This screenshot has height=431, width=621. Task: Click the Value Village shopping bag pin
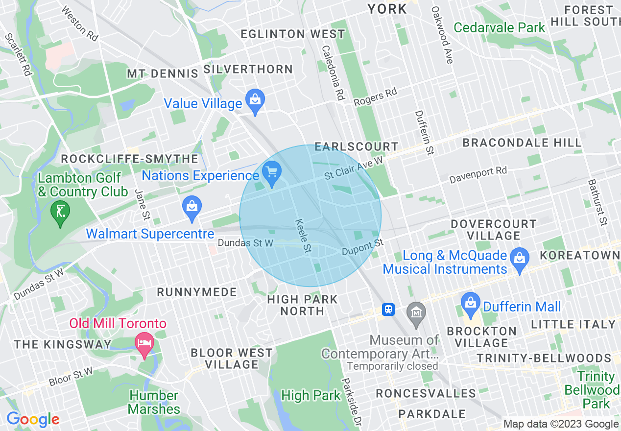click(255, 100)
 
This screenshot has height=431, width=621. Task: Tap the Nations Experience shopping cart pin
click(271, 172)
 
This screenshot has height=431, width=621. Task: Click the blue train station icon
click(388, 309)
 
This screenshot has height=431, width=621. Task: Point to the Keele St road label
click(304, 236)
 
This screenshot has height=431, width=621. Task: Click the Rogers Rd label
click(375, 97)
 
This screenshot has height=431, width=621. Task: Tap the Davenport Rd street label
click(478, 176)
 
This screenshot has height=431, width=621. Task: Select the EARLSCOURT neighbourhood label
click(357, 146)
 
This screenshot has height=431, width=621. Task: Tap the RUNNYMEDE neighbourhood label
click(197, 292)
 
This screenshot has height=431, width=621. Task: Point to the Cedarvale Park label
click(499, 27)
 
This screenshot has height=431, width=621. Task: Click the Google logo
click(33, 419)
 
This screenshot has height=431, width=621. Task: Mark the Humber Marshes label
click(154, 402)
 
